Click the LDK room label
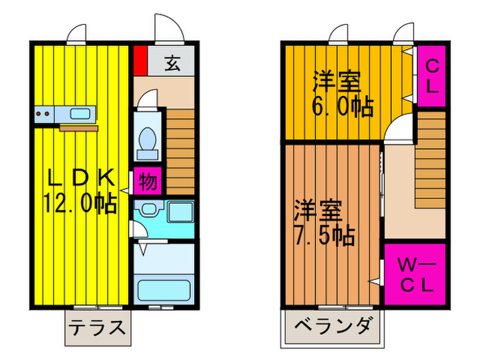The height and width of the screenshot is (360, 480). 81,177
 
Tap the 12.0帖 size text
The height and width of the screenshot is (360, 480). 81,202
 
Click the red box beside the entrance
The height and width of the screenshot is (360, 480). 140,60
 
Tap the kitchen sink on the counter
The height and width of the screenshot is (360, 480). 81,114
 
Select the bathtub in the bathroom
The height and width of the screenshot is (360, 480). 165,289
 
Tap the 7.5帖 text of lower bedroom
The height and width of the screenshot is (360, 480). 324,235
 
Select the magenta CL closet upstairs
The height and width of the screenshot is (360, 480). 432,76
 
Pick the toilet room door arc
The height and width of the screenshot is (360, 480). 147,100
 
